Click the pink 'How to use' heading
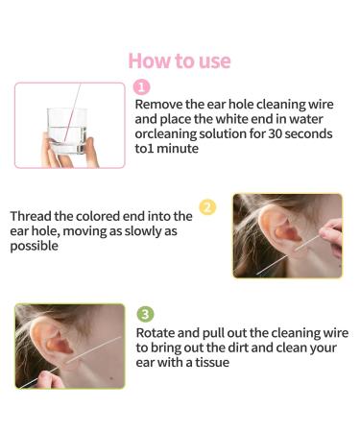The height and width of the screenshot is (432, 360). click(180, 60)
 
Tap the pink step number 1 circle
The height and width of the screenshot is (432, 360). click(142, 87)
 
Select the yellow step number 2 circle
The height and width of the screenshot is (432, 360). click(207, 207)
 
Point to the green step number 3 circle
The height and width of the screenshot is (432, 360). click(144, 314)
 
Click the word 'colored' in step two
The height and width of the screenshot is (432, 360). click(121, 216)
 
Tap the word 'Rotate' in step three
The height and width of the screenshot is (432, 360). click(157, 332)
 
